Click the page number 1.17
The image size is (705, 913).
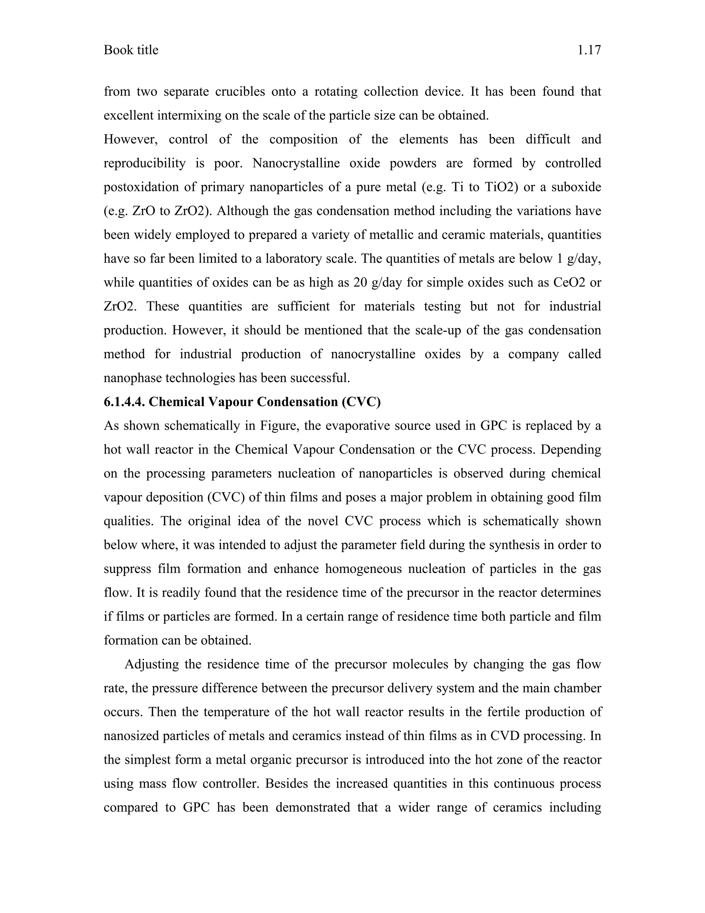[589, 50]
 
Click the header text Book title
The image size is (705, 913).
[131, 50]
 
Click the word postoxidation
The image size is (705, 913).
[141, 187]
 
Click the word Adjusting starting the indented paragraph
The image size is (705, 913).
[151, 664]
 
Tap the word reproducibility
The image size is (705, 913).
[145, 163]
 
